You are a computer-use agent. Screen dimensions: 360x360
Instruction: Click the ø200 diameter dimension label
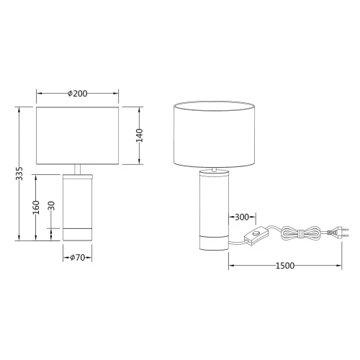(x=77, y=94)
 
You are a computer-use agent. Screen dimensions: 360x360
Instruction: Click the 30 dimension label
(x=51, y=207)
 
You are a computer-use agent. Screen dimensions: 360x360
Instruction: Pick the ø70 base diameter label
(x=77, y=256)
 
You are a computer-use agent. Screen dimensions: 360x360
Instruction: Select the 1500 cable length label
(x=285, y=266)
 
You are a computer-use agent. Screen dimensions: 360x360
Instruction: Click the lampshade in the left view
(x=77, y=136)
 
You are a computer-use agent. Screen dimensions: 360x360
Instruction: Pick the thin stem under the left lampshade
(x=77, y=170)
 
